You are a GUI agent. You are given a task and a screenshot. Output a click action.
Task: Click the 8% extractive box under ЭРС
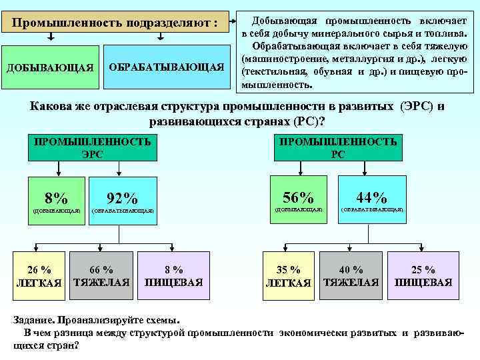pos(57,199)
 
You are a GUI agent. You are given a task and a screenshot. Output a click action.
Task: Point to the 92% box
pos(123,199)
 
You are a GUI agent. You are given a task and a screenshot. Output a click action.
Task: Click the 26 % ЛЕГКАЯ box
pos(39,275)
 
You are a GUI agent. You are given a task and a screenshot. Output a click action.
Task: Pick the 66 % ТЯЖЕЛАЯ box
pos(101,275)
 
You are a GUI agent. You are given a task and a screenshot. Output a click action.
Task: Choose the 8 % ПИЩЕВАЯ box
pos(174,275)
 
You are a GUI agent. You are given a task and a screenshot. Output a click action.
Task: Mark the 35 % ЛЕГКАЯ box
pos(288,275)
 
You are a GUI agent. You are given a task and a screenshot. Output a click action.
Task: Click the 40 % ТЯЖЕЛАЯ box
pos(351,275)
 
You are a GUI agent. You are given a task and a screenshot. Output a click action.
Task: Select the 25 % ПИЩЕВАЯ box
pos(423,275)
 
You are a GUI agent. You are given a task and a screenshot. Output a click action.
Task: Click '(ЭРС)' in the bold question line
pos(417,107)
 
